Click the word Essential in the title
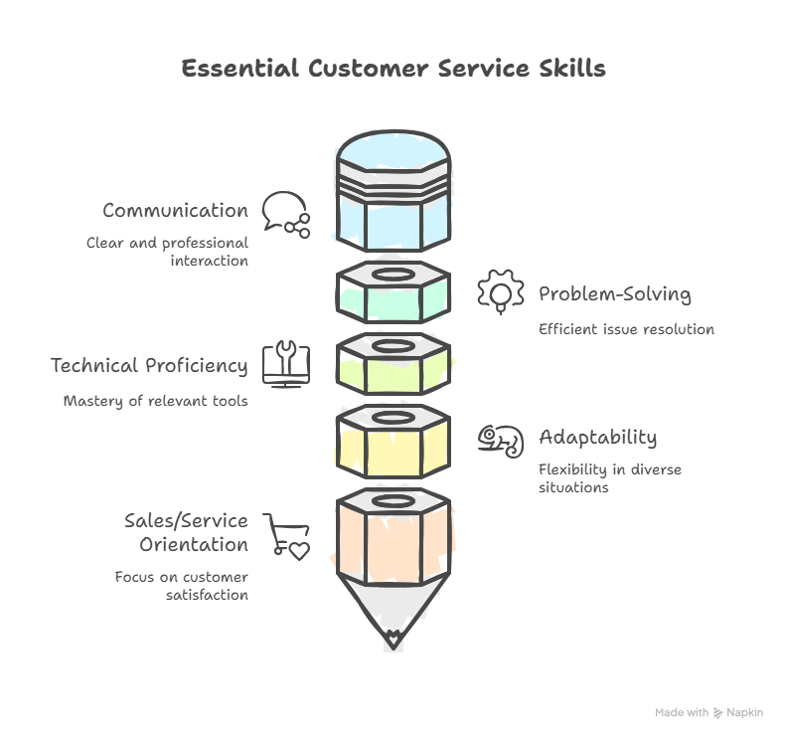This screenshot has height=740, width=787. click(240, 69)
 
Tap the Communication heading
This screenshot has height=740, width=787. click(175, 211)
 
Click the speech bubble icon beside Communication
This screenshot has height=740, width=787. click(285, 214)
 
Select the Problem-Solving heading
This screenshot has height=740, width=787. click(614, 294)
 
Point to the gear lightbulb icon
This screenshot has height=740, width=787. click(500, 292)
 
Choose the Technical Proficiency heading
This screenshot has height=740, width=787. click(149, 366)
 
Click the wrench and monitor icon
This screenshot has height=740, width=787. click(286, 364)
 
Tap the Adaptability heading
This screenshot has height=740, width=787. click(597, 438)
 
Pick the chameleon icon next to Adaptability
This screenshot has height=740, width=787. click(500, 439)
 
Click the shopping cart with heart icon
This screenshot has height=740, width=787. click(286, 537)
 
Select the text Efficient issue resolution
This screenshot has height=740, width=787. click(626, 329)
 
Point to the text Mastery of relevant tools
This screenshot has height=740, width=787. click(156, 402)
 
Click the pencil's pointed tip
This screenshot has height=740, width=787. click(393, 637)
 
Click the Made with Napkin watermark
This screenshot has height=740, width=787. click(708, 712)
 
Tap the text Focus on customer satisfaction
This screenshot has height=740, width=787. click(181, 586)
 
